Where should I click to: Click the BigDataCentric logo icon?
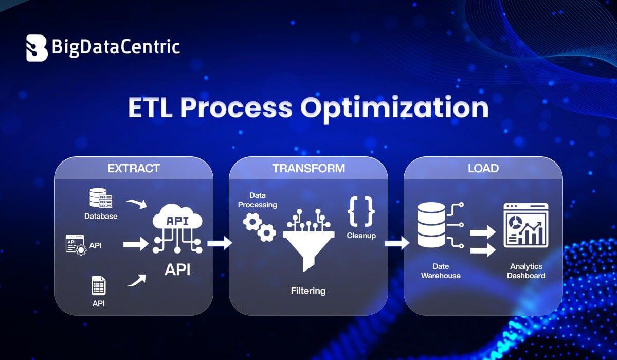pos(37,48)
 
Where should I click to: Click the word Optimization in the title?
pos(394,108)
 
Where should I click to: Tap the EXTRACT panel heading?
pos(133,168)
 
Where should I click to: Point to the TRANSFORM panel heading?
pos(308,168)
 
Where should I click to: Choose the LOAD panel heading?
pos(483,168)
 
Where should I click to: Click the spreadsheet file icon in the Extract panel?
pos(98,285)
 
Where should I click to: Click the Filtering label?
pos(308,291)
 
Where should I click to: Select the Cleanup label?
pos(361,236)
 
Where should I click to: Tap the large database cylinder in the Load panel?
pos(431,225)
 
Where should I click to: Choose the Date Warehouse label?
pos(441,271)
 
